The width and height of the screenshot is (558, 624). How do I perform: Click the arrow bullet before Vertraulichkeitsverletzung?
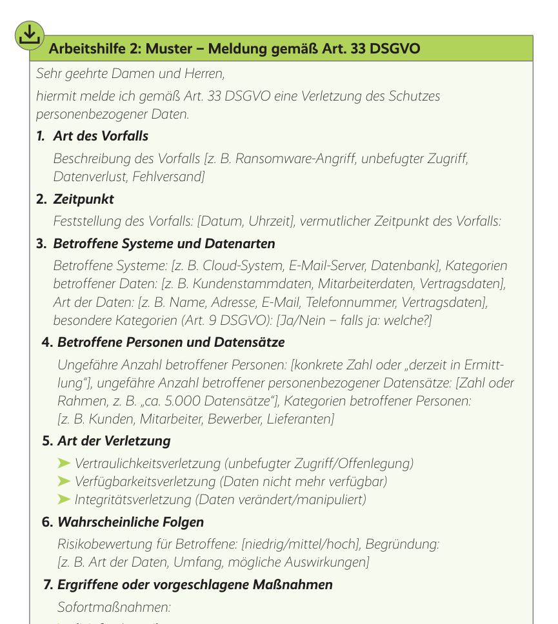point(65,463)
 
